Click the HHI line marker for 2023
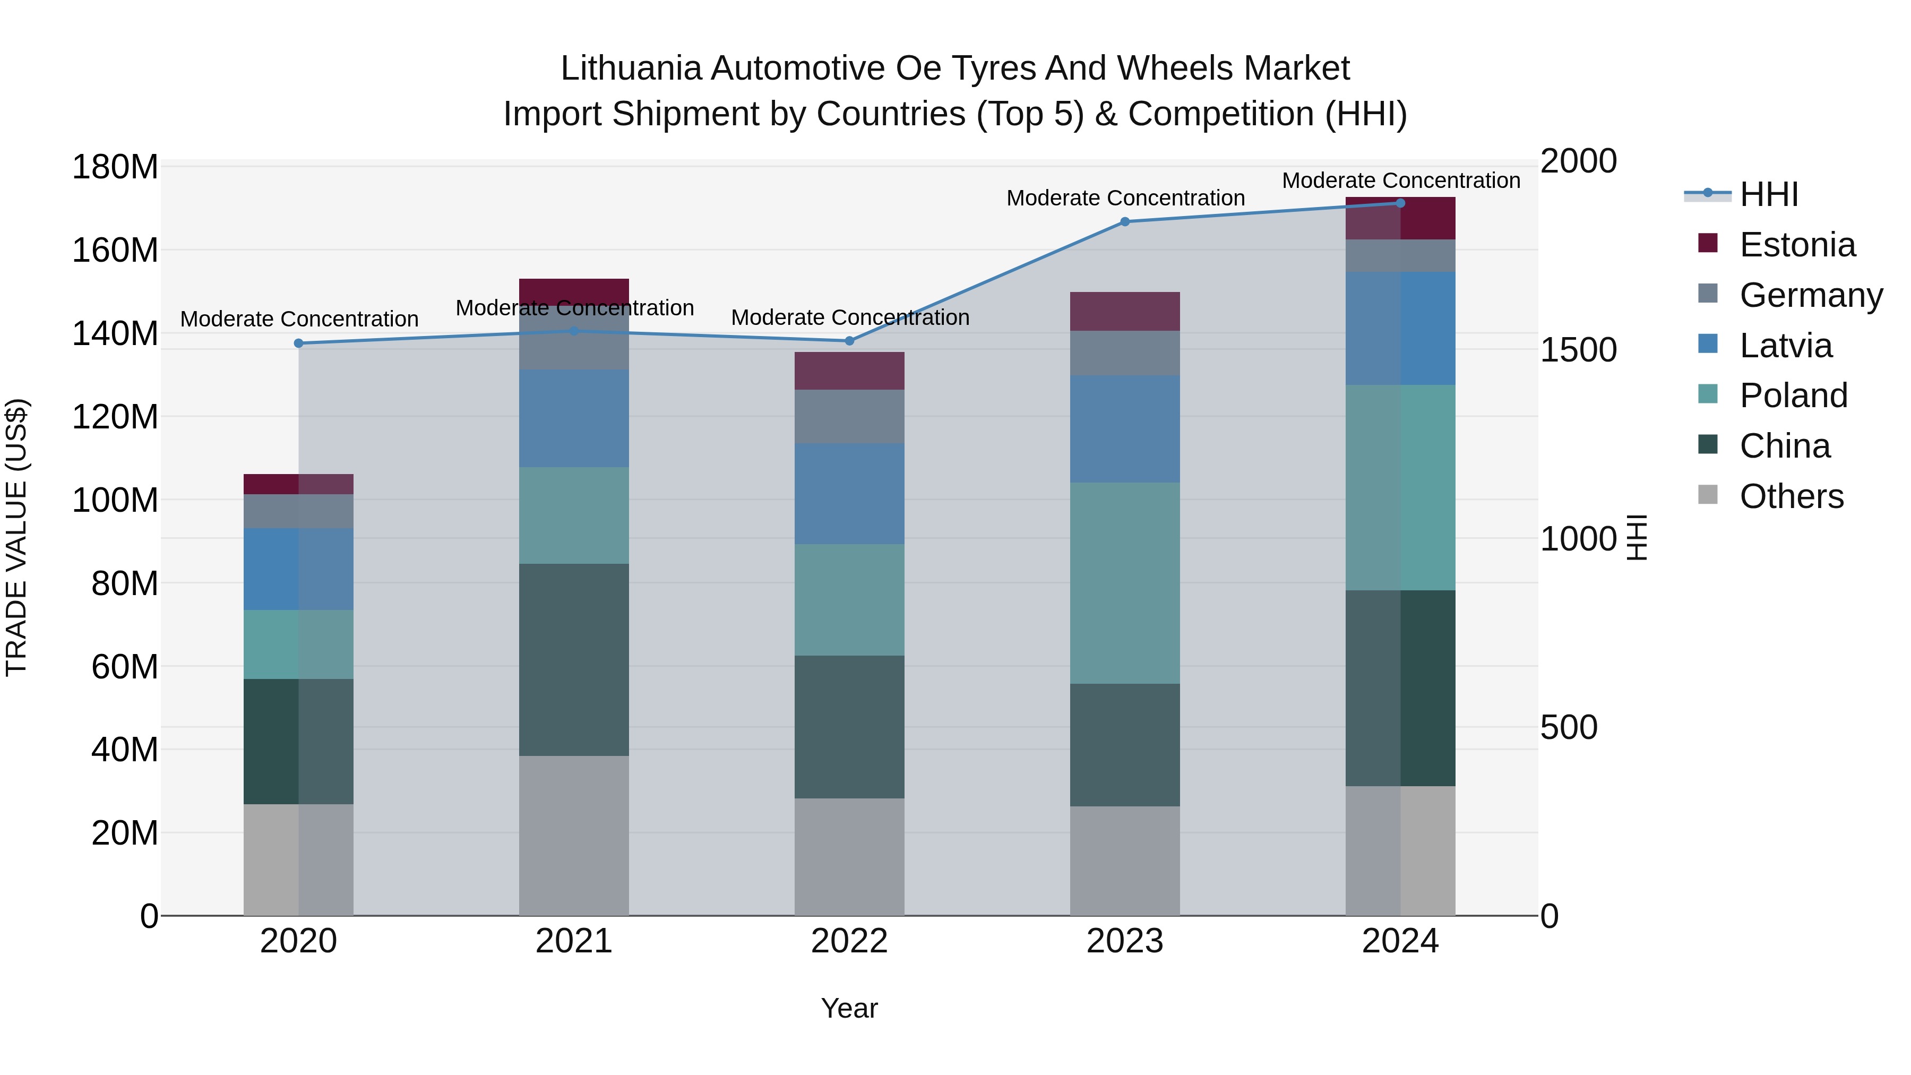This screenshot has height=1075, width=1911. (1125, 221)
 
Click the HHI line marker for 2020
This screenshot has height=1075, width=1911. (298, 343)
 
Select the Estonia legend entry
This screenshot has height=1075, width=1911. (1797, 245)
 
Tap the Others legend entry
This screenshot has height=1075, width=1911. (1791, 496)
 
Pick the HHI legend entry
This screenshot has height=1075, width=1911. (1769, 194)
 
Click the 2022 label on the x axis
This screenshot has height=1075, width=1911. (849, 941)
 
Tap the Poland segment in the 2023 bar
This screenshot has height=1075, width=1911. (1125, 582)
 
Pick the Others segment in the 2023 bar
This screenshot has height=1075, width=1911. (1125, 861)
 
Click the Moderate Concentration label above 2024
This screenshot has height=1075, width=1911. (1401, 180)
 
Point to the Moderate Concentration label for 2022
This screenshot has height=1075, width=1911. (849, 317)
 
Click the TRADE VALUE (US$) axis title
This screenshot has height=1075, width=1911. (16, 537)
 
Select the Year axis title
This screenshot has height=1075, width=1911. (849, 1008)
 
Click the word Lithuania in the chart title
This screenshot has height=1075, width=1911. (631, 68)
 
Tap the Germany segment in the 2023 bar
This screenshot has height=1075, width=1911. (1125, 353)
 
